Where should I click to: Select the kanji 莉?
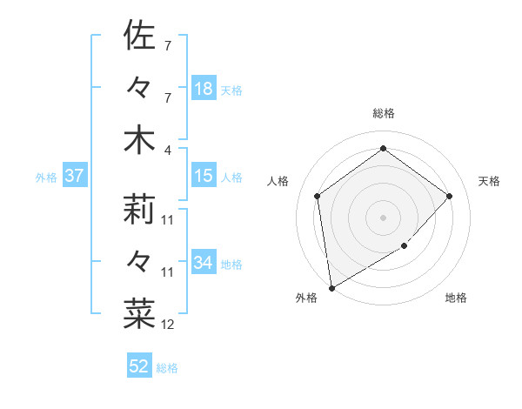[x=140, y=210]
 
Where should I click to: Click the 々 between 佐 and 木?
[x=140, y=88]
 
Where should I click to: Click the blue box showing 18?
[x=204, y=89]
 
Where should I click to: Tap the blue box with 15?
[x=204, y=176]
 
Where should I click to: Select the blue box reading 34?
[x=204, y=263]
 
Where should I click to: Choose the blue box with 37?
[x=75, y=176]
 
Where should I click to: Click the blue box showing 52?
[x=139, y=366]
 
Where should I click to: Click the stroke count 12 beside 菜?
[x=168, y=325]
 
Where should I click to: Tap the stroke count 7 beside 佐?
[x=167, y=45]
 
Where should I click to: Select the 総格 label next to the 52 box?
[x=167, y=368]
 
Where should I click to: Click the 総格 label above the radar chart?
[x=383, y=113]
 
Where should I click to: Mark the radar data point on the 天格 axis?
[x=449, y=196]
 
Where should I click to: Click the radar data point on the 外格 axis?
[x=331, y=287]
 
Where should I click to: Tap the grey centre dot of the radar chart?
[x=383, y=217]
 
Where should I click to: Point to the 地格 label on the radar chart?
[x=456, y=298]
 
